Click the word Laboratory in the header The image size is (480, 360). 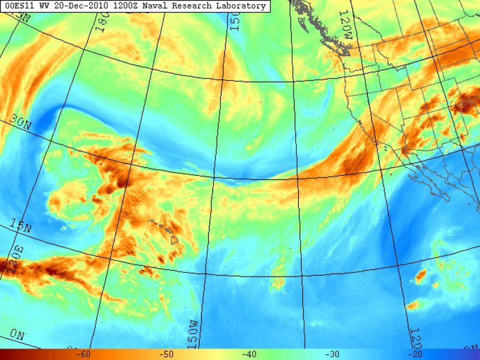point(238,6)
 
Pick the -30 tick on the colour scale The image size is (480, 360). point(332,355)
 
